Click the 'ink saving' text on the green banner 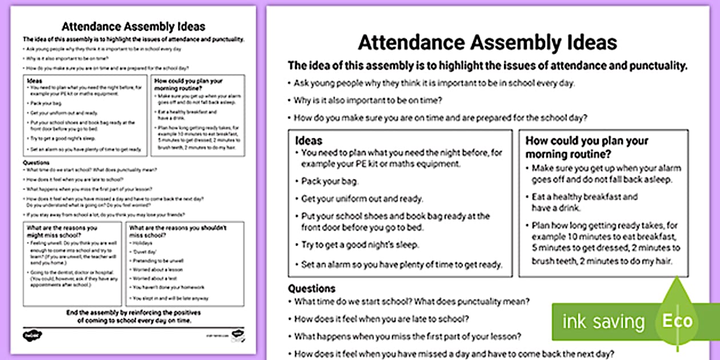603,321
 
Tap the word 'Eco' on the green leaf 677,321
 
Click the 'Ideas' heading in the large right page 309,141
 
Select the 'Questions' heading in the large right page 311,289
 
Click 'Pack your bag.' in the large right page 330,182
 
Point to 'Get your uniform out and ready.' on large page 362,199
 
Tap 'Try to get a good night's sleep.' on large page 360,245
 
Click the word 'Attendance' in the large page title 411,43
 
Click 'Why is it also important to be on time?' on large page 367,101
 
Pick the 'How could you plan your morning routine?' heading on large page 578,147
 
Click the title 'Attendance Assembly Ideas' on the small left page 133,26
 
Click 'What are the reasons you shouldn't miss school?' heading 178,231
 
